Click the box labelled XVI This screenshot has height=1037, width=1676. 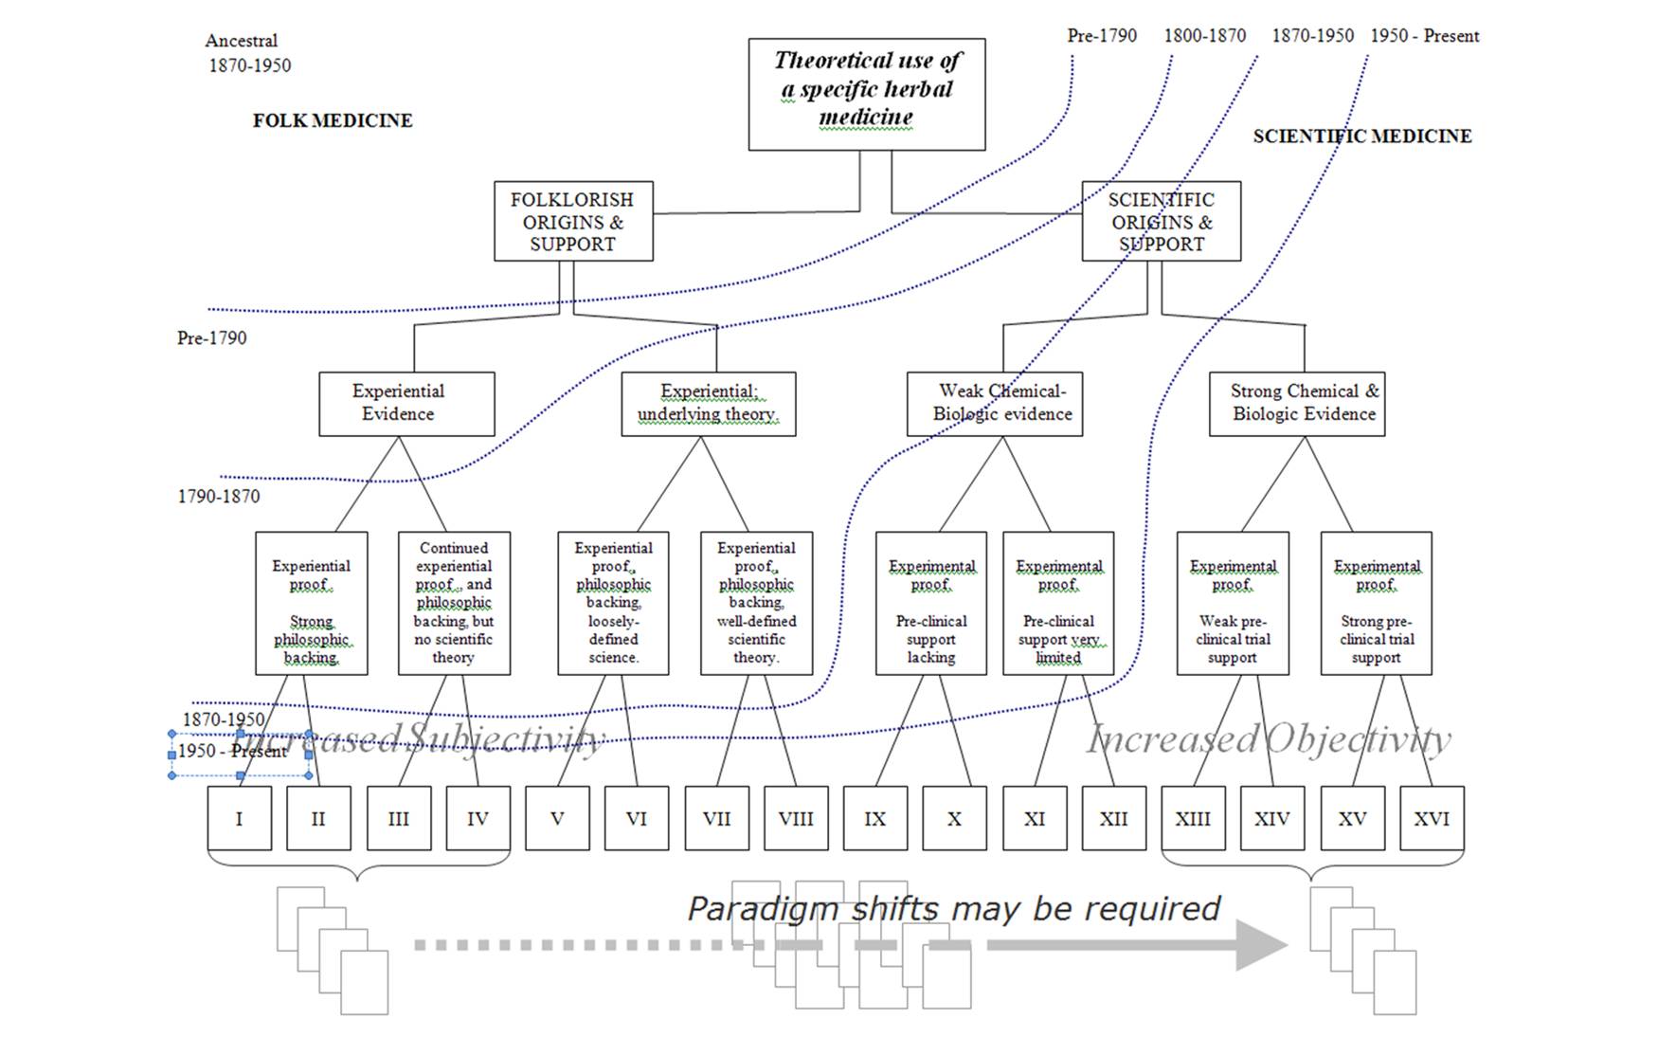(x=1431, y=818)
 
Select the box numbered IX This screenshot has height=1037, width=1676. (x=874, y=818)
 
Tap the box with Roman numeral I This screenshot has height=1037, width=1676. (x=239, y=818)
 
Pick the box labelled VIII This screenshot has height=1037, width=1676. (x=795, y=818)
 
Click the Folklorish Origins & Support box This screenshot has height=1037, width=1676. (x=572, y=222)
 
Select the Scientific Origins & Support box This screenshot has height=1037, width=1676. (x=1161, y=222)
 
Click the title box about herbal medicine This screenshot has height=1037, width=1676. (x=866, y=94)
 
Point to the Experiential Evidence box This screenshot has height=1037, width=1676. (x=405, y=404)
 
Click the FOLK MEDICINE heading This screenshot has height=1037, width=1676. (x=333, y=120)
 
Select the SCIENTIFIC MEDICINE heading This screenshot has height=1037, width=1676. (x=1361, y=136)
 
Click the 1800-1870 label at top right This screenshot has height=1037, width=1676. (x=1204, y=36)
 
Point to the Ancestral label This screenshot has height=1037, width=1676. (x=242, y=41)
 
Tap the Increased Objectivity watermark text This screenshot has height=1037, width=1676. (x=1268, y=739)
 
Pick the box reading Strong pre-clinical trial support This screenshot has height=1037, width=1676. (x=1376, y=604)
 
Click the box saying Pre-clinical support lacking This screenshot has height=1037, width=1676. (x=930, y=604)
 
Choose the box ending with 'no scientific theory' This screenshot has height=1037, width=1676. (x=454, y=604)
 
